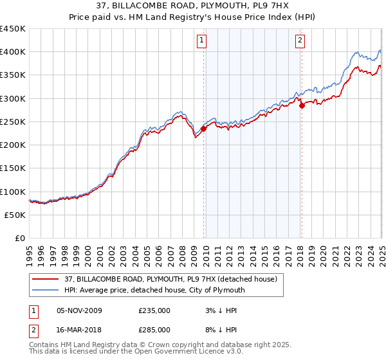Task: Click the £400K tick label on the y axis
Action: click(13, 52)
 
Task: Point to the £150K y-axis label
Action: click(13, 168)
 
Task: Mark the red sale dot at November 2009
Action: click(203, 129)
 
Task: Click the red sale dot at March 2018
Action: click(302, 106)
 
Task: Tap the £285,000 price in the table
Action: click(154, 330)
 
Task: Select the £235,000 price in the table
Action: click(154, 310)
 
